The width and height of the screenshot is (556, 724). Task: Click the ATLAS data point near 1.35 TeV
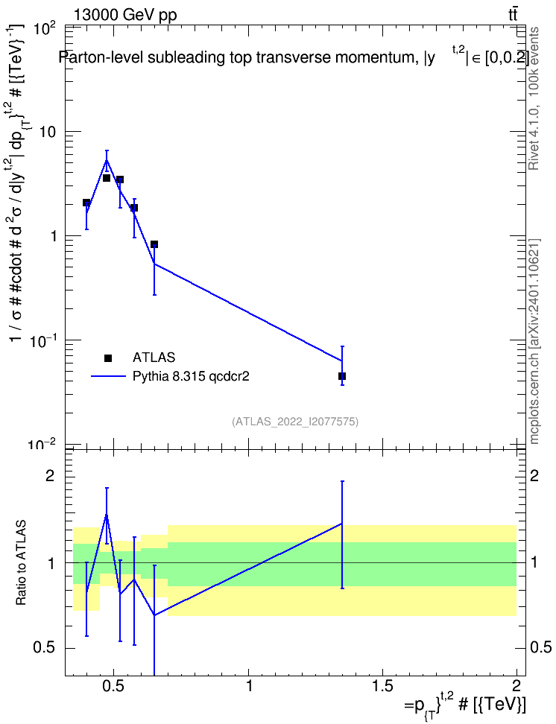342,376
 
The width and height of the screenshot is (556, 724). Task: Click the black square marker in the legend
108,358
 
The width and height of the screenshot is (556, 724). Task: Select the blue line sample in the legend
108,376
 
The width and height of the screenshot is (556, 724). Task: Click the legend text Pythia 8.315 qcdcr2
191,376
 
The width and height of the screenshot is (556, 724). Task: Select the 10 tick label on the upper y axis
48,132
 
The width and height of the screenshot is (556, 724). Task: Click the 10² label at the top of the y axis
45,30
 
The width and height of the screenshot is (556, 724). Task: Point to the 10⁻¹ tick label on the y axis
43,340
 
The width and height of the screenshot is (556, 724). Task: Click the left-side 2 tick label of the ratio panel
50,476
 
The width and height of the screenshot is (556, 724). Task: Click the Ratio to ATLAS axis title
22,563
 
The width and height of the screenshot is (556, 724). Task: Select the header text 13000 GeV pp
125,15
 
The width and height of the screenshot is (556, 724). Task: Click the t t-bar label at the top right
513,14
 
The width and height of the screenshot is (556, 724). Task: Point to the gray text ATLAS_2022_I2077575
295,422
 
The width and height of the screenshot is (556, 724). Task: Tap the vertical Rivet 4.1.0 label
534,98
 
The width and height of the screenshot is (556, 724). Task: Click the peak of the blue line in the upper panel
107,159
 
